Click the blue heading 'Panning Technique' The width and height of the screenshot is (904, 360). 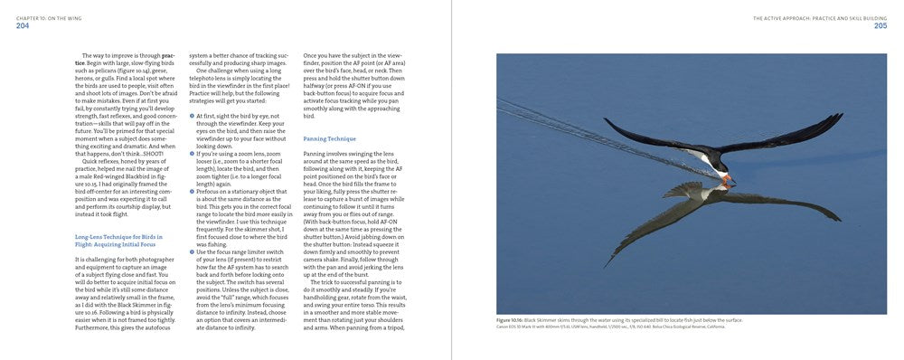click(x=329, y=138)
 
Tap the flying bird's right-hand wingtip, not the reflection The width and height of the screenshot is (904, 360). click(x=838, y=117)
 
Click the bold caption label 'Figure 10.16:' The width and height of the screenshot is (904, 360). click(x=510, y=320)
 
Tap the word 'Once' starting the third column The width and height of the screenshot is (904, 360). click(x=310, y=55)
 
